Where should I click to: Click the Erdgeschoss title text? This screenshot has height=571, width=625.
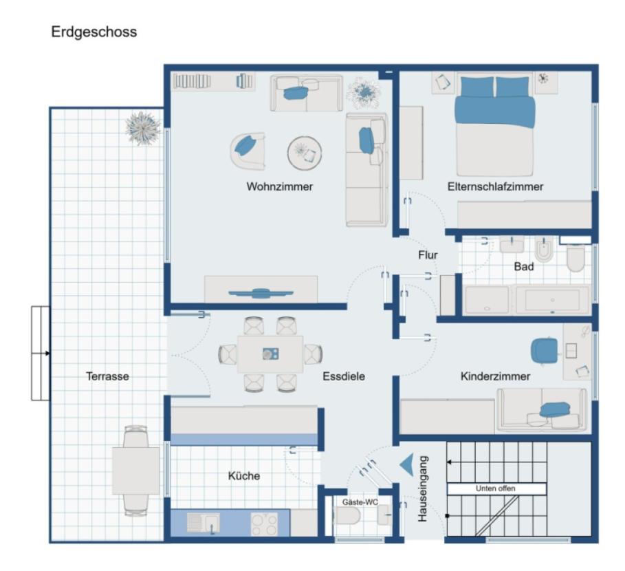tap(94, 32)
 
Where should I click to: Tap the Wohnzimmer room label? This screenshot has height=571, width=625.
tap(280, 186)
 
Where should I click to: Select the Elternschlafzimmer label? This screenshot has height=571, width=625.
tap(495, 186)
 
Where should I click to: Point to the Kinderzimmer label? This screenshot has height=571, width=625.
tap(495, 376)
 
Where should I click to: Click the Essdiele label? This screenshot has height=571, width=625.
tap(343, 376)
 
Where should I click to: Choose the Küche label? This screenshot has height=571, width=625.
tap(244, 475)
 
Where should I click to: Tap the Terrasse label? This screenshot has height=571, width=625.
tap(107, 376)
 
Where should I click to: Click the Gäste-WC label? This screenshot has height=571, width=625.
tap(360, 502)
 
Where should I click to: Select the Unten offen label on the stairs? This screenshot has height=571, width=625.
tap(495, 488)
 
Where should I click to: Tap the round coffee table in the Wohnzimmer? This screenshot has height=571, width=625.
tap(305, 153)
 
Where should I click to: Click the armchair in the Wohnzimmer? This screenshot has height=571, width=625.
tap(248, 150)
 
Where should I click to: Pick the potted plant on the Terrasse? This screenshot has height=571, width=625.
tap(143, 128)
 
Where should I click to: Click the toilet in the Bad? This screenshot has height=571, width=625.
tap(575, 258)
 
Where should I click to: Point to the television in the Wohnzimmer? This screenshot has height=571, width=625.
tap(261, 292)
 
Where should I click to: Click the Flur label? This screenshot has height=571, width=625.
tap(428, 255)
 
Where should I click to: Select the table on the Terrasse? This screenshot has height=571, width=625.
tap(135, 471)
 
